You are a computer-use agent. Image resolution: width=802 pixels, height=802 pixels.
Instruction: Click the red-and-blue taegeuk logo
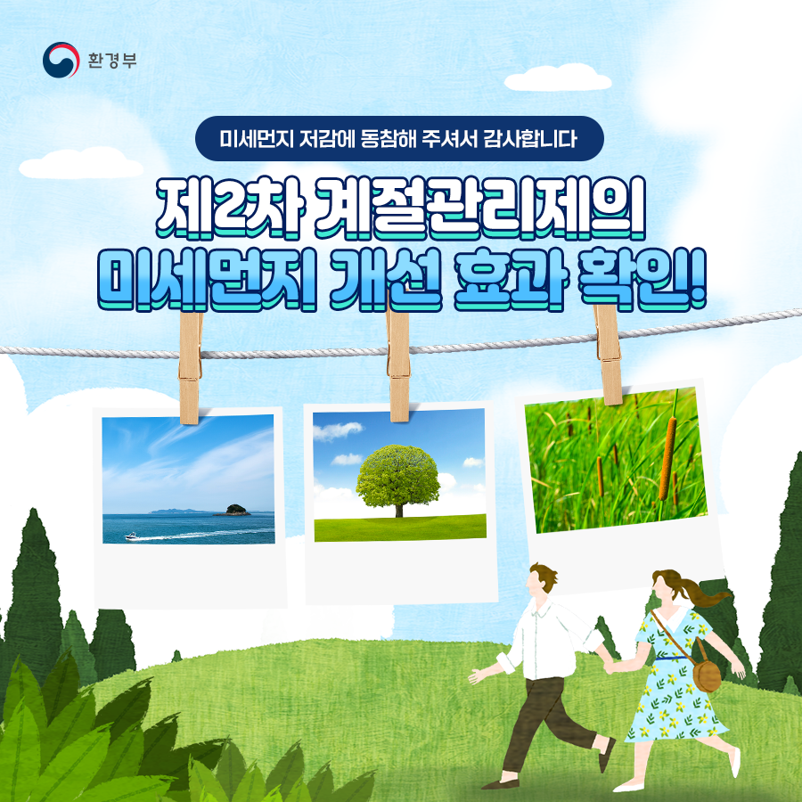click(61, 60)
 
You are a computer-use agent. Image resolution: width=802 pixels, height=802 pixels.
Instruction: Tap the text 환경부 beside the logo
click(112, 61)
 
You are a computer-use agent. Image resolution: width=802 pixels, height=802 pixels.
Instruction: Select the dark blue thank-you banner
click(399, 139)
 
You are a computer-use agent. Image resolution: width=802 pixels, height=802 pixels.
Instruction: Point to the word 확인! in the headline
click(641, 279)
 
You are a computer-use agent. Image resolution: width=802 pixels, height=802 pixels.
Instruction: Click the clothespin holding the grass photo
click(607, 353)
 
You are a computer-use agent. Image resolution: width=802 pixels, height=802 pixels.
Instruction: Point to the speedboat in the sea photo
click(132, 536)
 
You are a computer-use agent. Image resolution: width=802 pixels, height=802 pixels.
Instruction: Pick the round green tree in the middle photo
click(398, 479)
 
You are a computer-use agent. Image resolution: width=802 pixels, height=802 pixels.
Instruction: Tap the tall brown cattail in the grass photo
click(667, 458)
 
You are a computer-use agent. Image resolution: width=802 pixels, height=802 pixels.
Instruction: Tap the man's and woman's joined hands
click(609, 666)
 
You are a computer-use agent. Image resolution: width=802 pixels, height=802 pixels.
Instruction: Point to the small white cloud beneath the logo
click(81, 163)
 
